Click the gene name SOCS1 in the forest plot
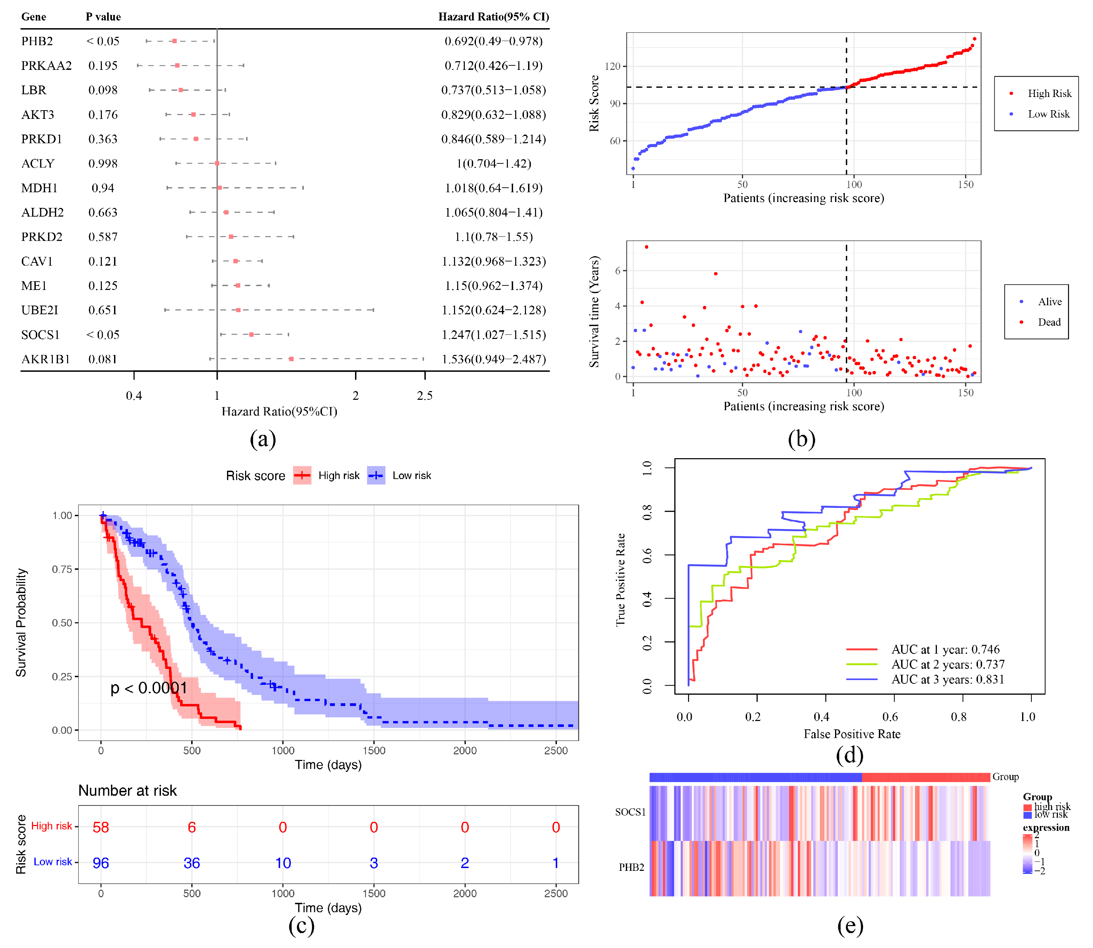(x=40, y=335)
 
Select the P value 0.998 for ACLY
(x=103, y=163)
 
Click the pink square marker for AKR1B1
(x=291, y=359)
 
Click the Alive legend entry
(x=1049, y=301)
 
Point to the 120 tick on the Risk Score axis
(x=612, y=67)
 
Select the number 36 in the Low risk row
(x=192, y=864)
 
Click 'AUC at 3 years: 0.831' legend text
(x=947, y=679)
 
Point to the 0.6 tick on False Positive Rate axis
(x=890, y=717)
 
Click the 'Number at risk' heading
(x=128, y=791)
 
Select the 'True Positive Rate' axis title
(x=620, y=580)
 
